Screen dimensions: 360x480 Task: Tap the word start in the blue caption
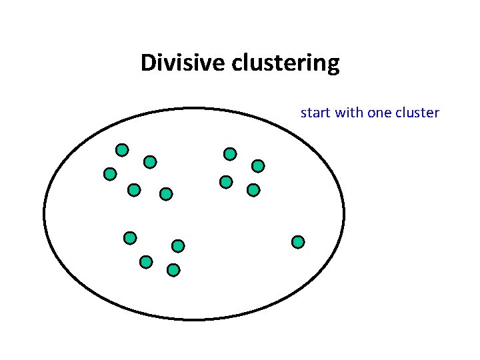pos(316,113)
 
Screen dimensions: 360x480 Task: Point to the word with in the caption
pos(349,113)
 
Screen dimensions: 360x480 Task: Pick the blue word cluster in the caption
pos(417,113)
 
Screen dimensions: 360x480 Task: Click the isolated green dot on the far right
pos(298,241)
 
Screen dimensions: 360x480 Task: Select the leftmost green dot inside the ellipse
pos(110,174)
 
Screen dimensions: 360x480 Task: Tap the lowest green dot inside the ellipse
pos(173,270)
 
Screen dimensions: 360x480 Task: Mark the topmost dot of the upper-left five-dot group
pos(122,150)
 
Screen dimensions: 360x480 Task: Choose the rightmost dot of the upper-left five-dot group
pos(166,194)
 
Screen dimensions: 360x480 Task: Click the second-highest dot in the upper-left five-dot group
pos(150,161)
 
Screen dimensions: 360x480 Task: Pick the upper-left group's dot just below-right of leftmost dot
pos(134,190)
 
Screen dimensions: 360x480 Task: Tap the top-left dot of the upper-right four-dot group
pos(230,154)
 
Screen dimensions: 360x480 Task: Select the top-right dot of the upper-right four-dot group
pos(258,165)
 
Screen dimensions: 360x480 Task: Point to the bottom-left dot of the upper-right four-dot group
pos(226,181)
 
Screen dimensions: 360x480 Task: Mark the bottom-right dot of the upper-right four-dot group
pos(253,190)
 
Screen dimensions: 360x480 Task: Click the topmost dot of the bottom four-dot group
pos(130,237)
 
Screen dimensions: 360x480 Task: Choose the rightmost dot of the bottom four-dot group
pos(178,246)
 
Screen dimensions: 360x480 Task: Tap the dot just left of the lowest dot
pos(146,262)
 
